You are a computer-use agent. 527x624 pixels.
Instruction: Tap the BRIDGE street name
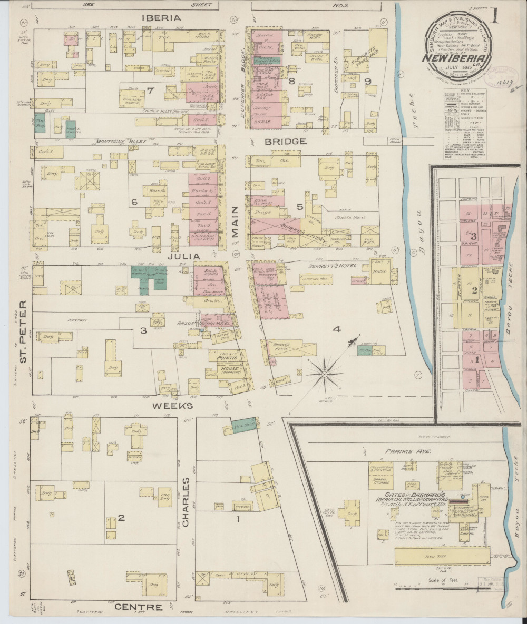click(x=286, y=141)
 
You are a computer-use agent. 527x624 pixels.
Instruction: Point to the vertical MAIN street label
click(x=234, y=221)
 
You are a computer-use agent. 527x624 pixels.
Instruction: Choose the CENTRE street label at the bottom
click(x=138, y=608)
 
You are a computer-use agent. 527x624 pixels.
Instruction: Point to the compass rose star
click(x=325, y=374)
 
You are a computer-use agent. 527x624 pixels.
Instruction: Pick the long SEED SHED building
click(x=442, y=556)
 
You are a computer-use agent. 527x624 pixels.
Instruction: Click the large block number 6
click(x=134, y=201)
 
